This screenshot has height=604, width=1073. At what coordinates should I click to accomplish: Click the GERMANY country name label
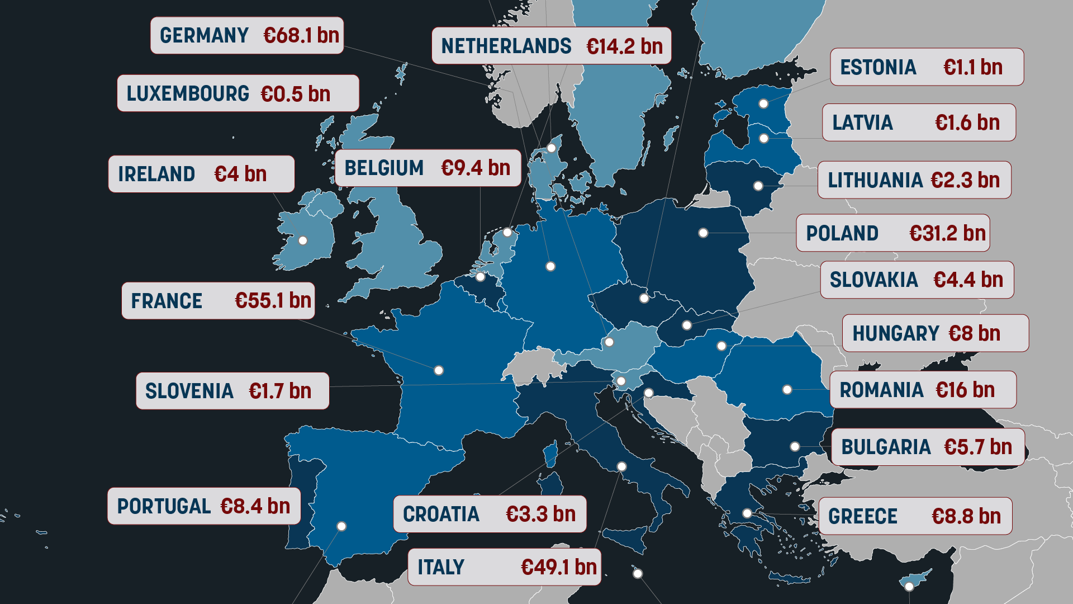click(x=204, y=35)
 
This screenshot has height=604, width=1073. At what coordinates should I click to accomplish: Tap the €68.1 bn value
click(x=301, y=35)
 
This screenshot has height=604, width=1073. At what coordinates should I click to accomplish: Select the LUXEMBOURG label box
click(x=238, y=93)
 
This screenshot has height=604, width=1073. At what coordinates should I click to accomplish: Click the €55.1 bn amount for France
click(x=273, y=300)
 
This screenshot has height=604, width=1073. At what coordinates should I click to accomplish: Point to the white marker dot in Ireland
click(x=303, y=240)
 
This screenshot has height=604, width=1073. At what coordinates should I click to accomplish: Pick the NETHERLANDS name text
click(x=506, y=46)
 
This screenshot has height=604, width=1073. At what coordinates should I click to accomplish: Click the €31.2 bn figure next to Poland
click(x=947, y=233)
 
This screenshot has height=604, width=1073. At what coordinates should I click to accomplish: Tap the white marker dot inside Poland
click(x=703, y=233)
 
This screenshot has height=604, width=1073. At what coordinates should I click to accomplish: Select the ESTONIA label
click(x=878, y=67)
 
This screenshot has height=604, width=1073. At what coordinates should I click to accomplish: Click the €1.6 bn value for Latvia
click(x=967, y=122)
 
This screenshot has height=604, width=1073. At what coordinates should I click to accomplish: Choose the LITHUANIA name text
click(x=875, y=180)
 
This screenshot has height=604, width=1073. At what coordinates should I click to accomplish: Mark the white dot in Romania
click(x=787, y=389)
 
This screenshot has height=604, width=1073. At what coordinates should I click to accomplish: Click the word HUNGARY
click(x=895, y=333)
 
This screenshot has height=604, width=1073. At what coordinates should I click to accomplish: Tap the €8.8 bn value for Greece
click(x=966, y=516)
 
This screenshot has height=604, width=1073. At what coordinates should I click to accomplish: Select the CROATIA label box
click(x=489, y=514)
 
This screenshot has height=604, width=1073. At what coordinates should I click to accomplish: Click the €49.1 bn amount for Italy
click(x=558, y=567)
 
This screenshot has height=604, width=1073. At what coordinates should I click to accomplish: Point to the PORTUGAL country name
click(x=163, y=506)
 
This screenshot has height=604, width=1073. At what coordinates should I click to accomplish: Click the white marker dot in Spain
click(x=341, y=526)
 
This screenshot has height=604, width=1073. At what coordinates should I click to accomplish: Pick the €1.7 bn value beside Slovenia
click(x=279, y=391)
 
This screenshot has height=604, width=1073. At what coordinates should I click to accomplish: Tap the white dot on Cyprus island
click(x=909, y=586)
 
